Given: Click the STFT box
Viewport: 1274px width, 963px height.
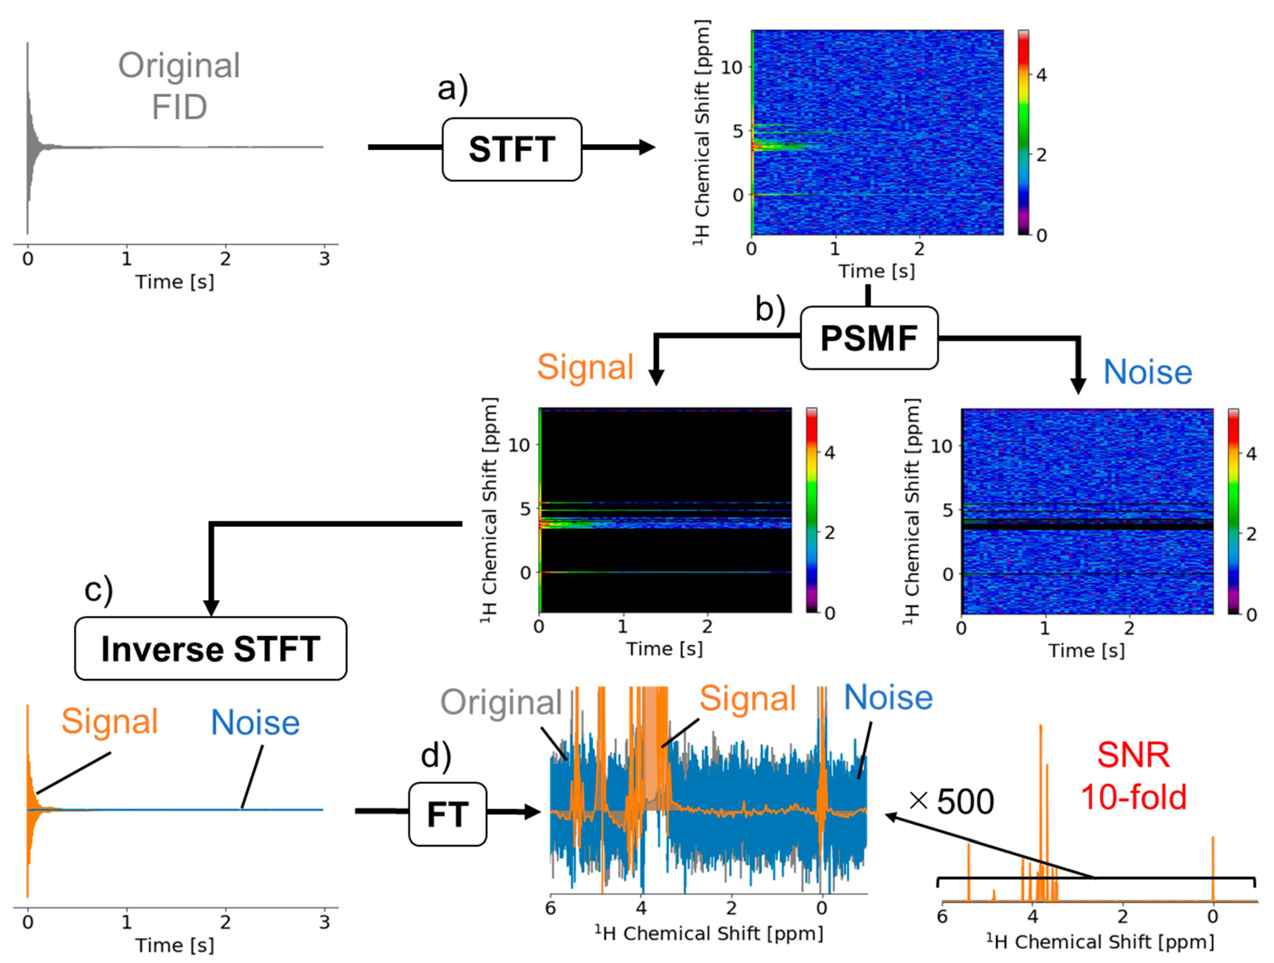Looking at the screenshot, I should tap(511, 149).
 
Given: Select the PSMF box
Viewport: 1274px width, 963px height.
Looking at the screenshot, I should tap(868, 338).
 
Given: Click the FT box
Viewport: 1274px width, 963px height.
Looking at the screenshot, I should tap(447, 814).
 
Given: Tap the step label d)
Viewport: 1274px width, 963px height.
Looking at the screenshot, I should tap(436, 755).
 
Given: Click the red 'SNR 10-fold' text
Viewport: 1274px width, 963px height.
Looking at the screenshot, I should tap(1134, 775).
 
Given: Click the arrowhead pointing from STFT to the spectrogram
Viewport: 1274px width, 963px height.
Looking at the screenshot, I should tap(648, 147).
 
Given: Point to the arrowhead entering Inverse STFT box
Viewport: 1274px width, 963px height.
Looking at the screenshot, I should tap(211, 608).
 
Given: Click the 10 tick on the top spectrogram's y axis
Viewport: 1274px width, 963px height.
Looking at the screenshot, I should tap(732, 68).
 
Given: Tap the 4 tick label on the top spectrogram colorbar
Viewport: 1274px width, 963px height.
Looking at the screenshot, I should tap(1041, 75).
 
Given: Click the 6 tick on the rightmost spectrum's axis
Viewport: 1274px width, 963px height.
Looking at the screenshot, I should tap(943, 916).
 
